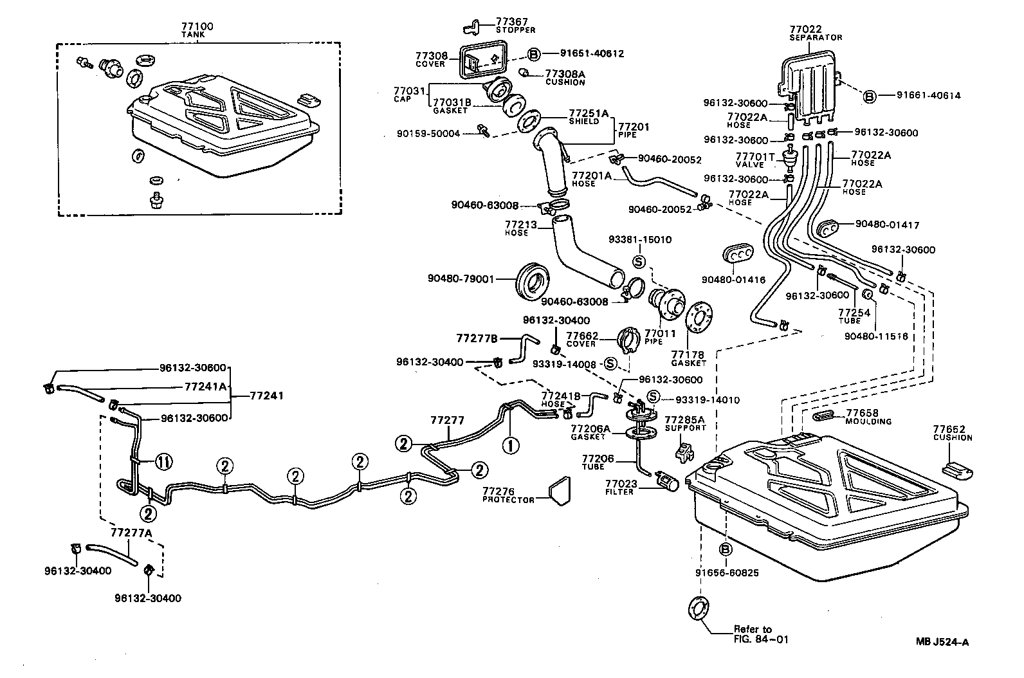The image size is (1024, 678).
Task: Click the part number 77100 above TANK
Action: point(197,26)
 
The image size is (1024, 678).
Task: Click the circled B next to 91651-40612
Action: point(534,54)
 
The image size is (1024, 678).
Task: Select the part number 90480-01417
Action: point(887,225)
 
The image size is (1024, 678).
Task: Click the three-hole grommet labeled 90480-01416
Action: point(738,254)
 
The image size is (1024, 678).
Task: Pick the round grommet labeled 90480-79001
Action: point(534,280)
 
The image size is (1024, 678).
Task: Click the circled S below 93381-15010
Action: point(639,262)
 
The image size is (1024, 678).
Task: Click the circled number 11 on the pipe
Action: point(163,462)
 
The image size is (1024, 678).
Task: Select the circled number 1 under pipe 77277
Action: point(509,445)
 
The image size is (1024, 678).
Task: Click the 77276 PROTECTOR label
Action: point(508,495)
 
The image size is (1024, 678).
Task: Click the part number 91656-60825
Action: point(727,573)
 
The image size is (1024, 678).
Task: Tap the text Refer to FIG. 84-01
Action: point(760,634)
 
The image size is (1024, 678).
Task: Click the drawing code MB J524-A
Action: point(943,641)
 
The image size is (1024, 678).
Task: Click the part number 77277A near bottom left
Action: point(131,533)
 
